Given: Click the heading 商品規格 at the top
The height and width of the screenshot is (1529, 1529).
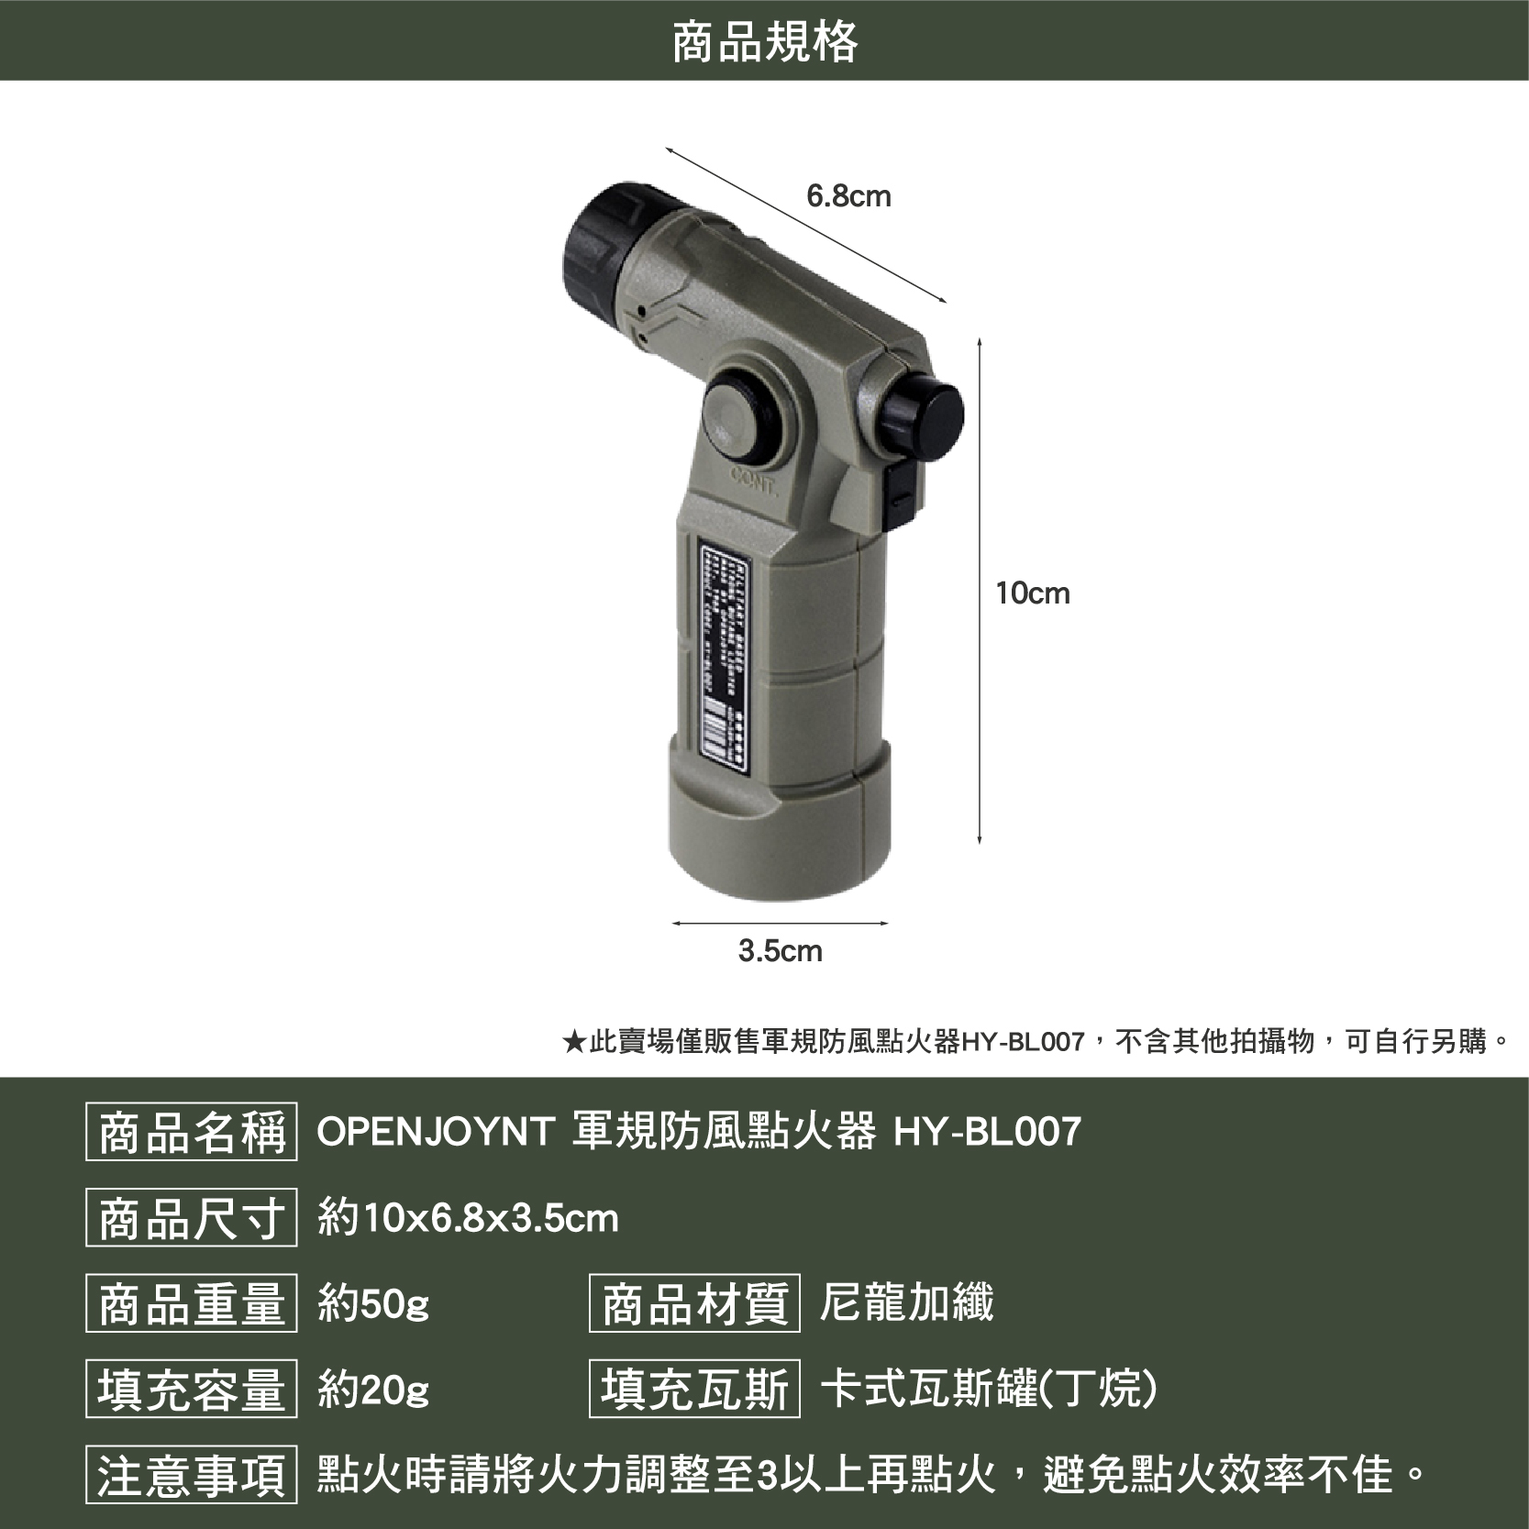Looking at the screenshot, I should (764, 41).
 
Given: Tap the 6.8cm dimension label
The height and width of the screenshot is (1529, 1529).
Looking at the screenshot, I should (848, 196).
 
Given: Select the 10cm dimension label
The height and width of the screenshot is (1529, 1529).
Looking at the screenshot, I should (1033, 593).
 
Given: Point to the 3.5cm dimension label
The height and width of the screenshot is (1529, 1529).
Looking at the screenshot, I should (781, 951).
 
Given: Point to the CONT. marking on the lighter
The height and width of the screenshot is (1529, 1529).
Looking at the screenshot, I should (755, 479).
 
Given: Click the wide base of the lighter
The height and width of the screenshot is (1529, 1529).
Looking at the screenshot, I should (778, 836).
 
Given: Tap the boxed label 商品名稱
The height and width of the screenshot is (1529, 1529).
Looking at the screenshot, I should (192, 1132).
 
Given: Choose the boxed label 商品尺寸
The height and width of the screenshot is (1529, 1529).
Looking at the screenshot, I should (192, 1217).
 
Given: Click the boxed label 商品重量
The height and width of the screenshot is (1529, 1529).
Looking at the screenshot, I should (192, 1303).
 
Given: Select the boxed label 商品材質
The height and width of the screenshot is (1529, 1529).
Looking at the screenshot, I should (694, 1303).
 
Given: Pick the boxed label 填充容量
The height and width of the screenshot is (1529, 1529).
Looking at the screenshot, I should (192, 1389).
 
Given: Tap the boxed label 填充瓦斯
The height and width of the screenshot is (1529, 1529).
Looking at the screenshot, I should (694, 1389).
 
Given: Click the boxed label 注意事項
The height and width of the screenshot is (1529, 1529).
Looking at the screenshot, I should (192, 1475).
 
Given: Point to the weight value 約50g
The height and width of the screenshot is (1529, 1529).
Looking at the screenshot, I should (373, 1303).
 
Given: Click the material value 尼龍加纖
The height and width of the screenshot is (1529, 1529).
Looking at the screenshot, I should (906, 1303).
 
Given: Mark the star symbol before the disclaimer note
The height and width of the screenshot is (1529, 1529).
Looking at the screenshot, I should (573, 1042).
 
